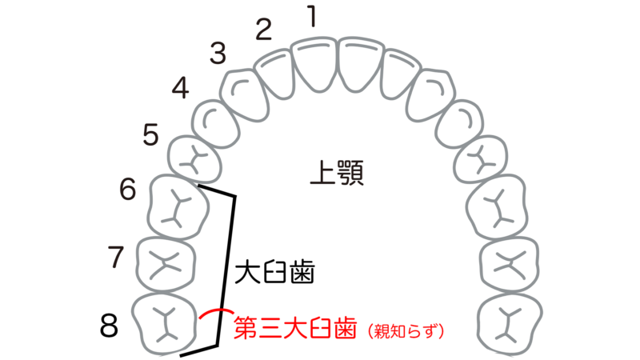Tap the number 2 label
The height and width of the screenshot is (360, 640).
tap(265, 30)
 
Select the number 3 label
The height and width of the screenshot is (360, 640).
tap(218, 54)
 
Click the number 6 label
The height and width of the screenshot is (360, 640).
tap(129, 189)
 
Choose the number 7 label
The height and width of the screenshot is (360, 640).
tap(117, 257)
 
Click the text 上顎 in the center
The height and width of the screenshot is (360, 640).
tap(337, 172)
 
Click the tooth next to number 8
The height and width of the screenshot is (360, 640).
tap(164, 323)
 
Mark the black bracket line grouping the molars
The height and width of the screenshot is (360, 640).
tap(231, 264)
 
